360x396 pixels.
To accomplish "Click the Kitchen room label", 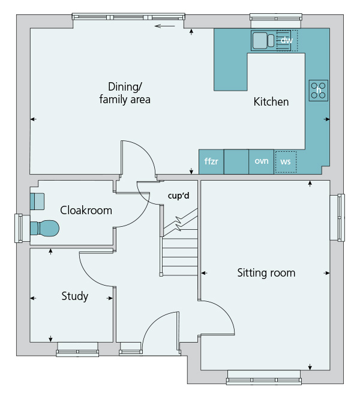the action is coord(271,101).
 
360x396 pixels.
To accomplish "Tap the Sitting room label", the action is coord(266,273).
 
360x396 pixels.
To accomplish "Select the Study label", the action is coord(75,296).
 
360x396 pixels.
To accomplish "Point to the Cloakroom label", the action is coord(86,210).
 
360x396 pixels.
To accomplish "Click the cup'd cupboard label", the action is coord(179,196).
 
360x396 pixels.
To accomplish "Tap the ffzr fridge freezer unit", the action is coord(211,161).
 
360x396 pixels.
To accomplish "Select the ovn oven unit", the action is coord(262,161).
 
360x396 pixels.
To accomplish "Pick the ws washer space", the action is coord(286,162).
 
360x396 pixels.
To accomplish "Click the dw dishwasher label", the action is coord(287,40).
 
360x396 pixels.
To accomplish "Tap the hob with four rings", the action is coord(319,91).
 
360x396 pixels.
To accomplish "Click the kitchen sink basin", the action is coord(260,40).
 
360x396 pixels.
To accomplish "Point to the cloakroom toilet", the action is coord(44,229).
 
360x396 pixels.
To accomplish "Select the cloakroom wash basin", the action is coord(37,202).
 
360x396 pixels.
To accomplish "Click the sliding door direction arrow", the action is coord(165,26).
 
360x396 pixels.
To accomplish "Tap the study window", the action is coord(77,350).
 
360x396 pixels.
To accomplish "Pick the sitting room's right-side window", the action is coord(337,217).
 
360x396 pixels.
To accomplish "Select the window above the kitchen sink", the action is coord(276,21).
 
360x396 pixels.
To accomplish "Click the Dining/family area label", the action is coord(125,93).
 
